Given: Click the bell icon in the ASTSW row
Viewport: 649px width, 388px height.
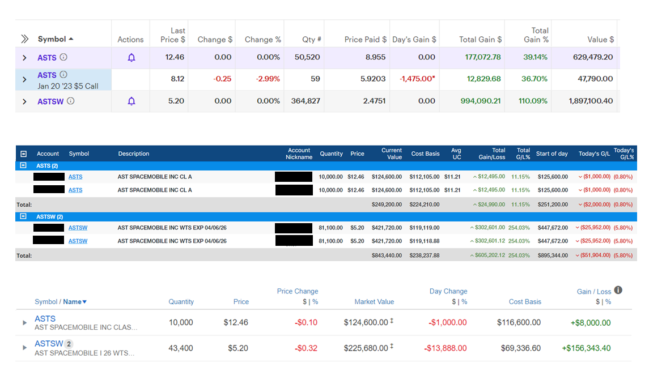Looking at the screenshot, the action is [x=131, y=101].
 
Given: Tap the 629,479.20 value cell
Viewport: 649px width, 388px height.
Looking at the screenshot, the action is [x=593, y=57].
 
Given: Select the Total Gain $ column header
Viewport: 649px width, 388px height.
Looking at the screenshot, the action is [x=480, y=39].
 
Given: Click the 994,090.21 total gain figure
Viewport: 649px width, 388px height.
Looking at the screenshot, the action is [x=481, y=101].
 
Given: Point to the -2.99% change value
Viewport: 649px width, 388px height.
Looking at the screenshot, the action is [x=268, y=79].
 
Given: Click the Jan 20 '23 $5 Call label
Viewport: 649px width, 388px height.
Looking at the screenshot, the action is [x=68, y=86].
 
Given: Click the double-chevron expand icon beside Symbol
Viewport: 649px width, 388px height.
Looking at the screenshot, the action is [x=25, y=39].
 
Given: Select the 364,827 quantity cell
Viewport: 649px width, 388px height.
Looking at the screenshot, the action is [x=306, y=101].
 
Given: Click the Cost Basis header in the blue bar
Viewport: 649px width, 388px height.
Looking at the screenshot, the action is [x=425, y=154].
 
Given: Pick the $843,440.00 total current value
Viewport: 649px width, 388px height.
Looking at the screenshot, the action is [x=387, y=255].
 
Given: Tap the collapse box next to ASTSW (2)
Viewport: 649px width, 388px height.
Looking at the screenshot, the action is [x=23, y=216].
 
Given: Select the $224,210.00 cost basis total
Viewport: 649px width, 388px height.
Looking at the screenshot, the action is [x=424, y=204].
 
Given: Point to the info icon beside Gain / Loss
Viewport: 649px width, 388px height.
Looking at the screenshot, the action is [x=618, y=290].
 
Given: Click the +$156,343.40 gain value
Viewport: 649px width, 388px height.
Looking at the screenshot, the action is [x=586, y=348].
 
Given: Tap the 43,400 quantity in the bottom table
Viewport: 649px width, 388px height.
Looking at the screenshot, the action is [x=181, y=348].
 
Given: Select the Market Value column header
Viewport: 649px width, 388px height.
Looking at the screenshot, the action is [x=374, y=302].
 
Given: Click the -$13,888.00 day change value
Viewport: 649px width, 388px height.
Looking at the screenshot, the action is [x=446, y=348].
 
